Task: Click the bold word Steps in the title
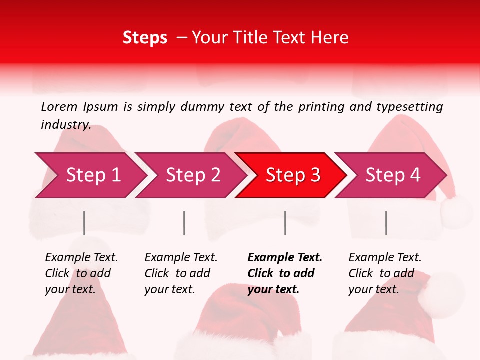[145, 38]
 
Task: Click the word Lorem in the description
[59, 106]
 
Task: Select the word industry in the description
[66, 125]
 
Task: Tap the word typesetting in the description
[409, 106]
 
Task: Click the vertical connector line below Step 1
[84, 223]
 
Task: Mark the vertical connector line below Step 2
[184, 223]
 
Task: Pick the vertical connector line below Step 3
[285, 223]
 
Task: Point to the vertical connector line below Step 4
[386, 223]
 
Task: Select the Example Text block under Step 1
[81, 273]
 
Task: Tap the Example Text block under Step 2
[181, 273]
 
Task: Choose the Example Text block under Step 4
[385, 273]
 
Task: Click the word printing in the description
[317, 106]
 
